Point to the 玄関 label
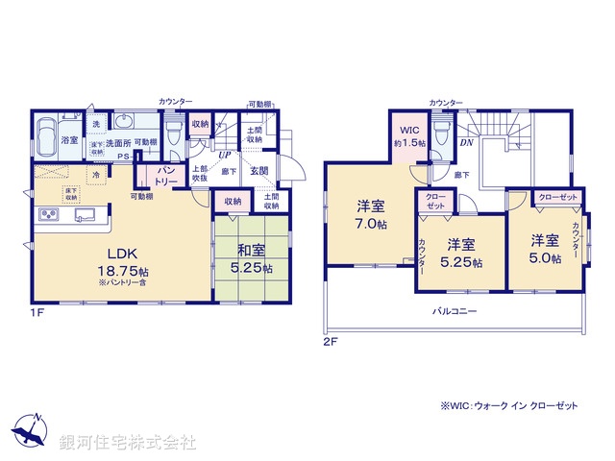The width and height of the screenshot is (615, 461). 260,171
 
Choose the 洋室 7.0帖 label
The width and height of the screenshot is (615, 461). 371,214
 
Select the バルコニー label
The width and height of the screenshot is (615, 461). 453,311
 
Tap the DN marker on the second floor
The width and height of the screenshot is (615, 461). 466,142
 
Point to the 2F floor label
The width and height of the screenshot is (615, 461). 330,341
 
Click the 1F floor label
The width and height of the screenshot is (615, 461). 37,312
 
